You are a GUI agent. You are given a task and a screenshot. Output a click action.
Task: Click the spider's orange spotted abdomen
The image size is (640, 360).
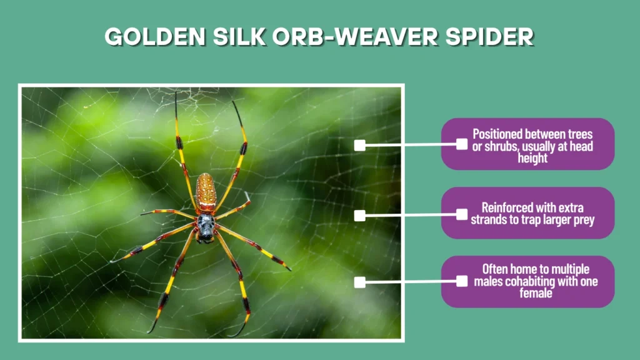tap(206, 192)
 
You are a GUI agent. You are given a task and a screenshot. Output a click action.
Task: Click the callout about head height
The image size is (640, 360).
tap(528, 144)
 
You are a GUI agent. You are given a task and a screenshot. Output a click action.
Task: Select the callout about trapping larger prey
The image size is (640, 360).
tap(528, 212)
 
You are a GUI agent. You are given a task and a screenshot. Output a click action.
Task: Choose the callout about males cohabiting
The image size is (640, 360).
tap(528, 281)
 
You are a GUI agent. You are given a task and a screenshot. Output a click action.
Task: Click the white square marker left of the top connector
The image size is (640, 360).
tap(359, 145)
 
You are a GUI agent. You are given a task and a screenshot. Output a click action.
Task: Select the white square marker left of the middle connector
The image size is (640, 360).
tap(359, 216)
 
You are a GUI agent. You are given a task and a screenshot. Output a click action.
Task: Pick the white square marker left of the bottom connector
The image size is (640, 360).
tap(359, 282)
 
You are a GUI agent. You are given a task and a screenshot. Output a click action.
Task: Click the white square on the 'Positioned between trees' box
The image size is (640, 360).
tap(461, 144)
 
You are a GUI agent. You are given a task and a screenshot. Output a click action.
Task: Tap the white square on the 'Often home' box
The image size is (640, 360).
tap(461, 281)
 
